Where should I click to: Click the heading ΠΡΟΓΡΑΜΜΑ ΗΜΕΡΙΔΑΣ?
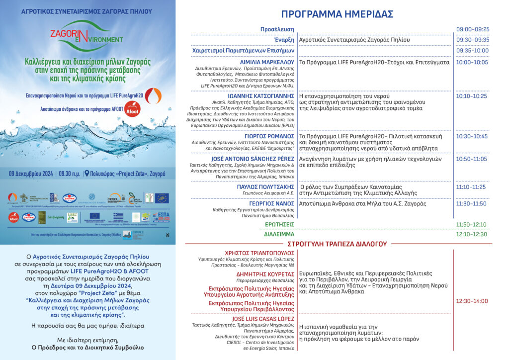click(x=337, y=14)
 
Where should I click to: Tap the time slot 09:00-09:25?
click(x=473, y=29)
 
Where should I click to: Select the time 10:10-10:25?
click(x=473, y=96)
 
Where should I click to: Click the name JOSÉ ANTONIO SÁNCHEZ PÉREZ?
click(x=257, y=159)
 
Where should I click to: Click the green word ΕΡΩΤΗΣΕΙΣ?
click(x=278, y=224)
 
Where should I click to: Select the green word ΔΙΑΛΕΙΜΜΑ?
click(x=279, y=234)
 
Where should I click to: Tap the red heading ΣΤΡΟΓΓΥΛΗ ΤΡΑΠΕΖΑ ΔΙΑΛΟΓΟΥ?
click(x=337, y=244)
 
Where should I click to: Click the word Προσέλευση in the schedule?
click(x=277, y=29)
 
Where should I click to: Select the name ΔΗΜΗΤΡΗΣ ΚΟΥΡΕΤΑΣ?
click(x=265, y=273)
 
